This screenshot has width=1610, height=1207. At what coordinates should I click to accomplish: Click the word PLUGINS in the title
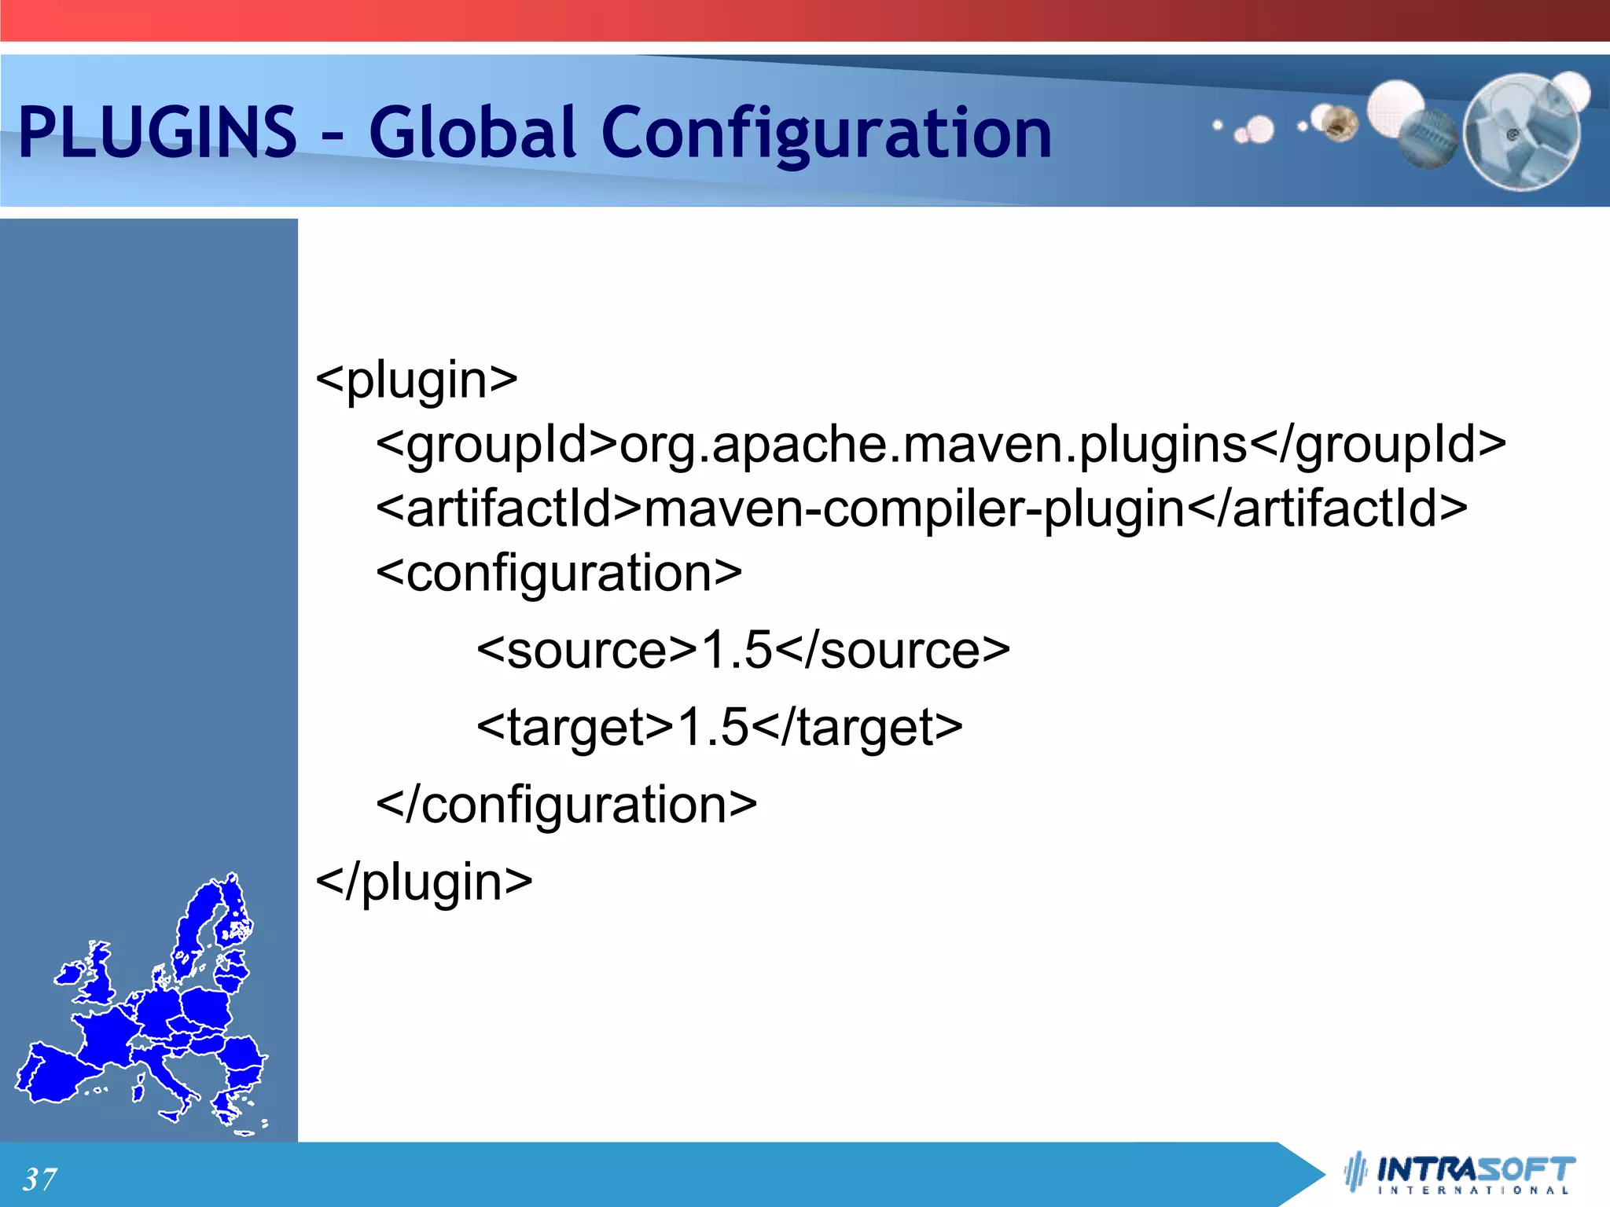point(157,131)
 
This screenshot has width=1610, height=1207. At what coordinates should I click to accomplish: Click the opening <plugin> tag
point(417,380)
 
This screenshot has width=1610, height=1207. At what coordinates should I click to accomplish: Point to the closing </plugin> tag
point(425,882)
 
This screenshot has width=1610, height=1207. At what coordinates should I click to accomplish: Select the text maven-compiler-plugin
point(914,508)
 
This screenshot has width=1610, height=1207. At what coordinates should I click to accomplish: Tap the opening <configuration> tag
point(559,573)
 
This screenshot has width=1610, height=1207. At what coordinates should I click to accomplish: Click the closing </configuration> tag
point(567,805)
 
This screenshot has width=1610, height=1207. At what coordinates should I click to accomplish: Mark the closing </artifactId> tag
point(1327,508)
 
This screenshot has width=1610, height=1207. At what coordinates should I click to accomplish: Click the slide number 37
point(39,1179)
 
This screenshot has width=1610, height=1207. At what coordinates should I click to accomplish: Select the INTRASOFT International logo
point(1462,1174)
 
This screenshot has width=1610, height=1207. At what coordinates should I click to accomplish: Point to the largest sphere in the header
point(1522,132)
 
